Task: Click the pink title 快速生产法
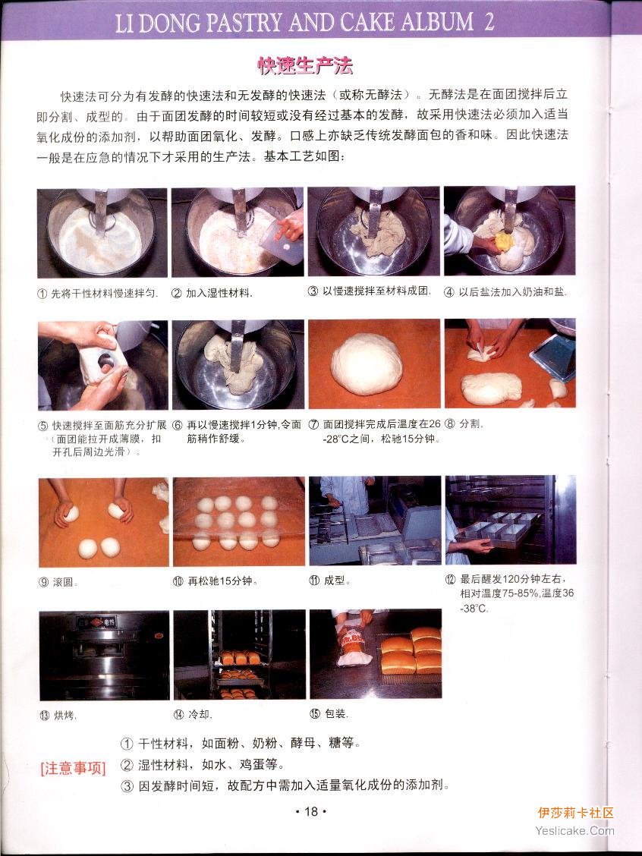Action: pyautogui.click(x=305, y=66)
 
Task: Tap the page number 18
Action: pyautogui.click(x=310, y=811)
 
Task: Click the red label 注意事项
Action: pyautogui.click(x=73, y=768)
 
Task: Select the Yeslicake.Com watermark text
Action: pyautogui.click(x=574, y=831)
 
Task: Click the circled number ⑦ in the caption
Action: pyautogui.click(x=313, y=424)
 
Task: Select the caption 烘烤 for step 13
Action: pyautogui.click(x=65, y=715)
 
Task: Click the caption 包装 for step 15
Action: pyautogui.click(x=335, y=713)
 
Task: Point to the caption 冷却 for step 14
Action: pyautogui.click(x=200, y=714)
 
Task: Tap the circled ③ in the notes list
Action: pyautogui.click(x=127, y=786)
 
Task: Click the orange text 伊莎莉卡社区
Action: pyautogui.click(x=576, y=813)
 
